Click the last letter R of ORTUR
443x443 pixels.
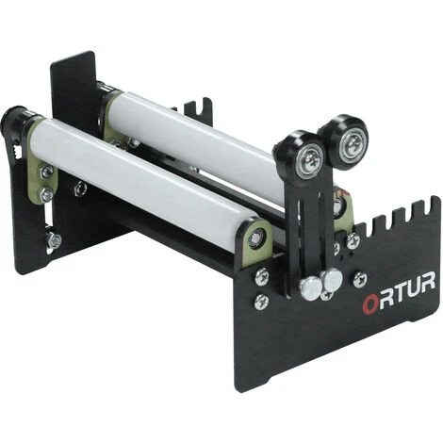tap(427, 282)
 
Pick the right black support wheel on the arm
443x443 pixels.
tap(342, 141)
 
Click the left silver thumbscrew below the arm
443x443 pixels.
tap(311, 288)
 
